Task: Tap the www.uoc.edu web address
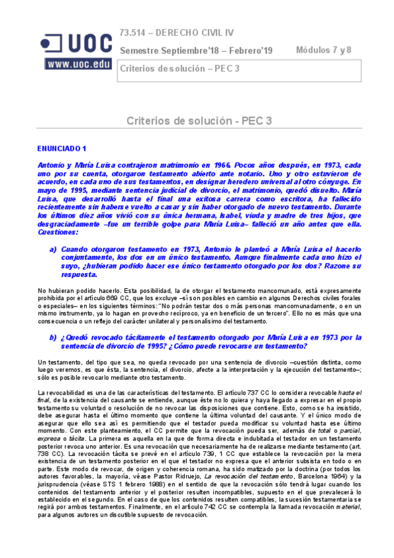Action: (78, 64)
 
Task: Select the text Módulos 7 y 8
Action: (324, 49)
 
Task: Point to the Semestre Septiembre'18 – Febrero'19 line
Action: (196, 51)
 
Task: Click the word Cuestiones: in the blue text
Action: (57, 233)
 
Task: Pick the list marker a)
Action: (53, 250)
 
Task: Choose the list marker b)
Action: (53, 338)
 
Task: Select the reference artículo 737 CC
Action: (235, 392)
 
